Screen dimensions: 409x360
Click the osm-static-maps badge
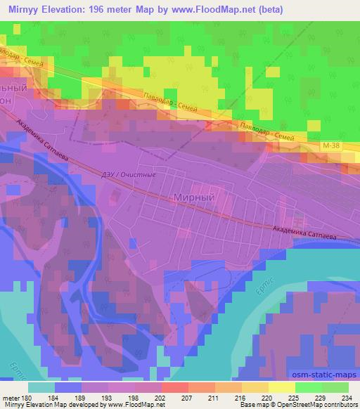tap(323, 373)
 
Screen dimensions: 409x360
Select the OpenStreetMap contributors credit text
tap(318, 405)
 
